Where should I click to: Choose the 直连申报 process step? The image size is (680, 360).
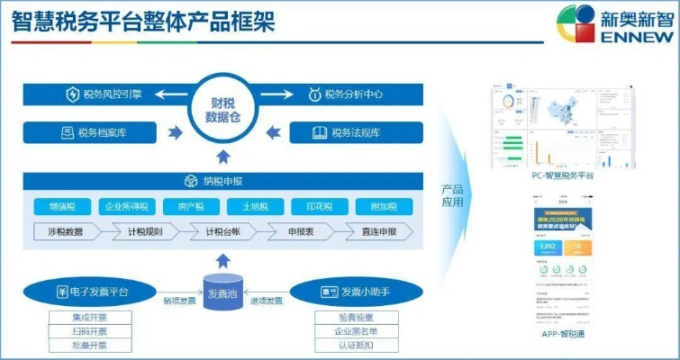click(x=375, y=231)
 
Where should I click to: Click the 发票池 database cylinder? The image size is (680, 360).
click(x=223, y=294)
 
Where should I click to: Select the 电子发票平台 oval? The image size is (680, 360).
click(x=92, y=292)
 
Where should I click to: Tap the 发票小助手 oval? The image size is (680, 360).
click(x=353, y=292)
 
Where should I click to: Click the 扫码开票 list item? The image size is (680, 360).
click(x=90, y=331)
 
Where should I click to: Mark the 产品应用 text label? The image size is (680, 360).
click(x=452, y=196)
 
